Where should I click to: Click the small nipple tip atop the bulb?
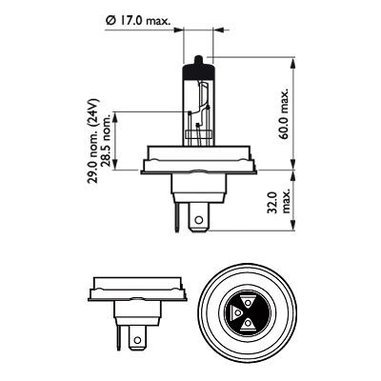click(x=198, y=60)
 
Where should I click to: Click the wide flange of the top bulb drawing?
click(x=197, y=167)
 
